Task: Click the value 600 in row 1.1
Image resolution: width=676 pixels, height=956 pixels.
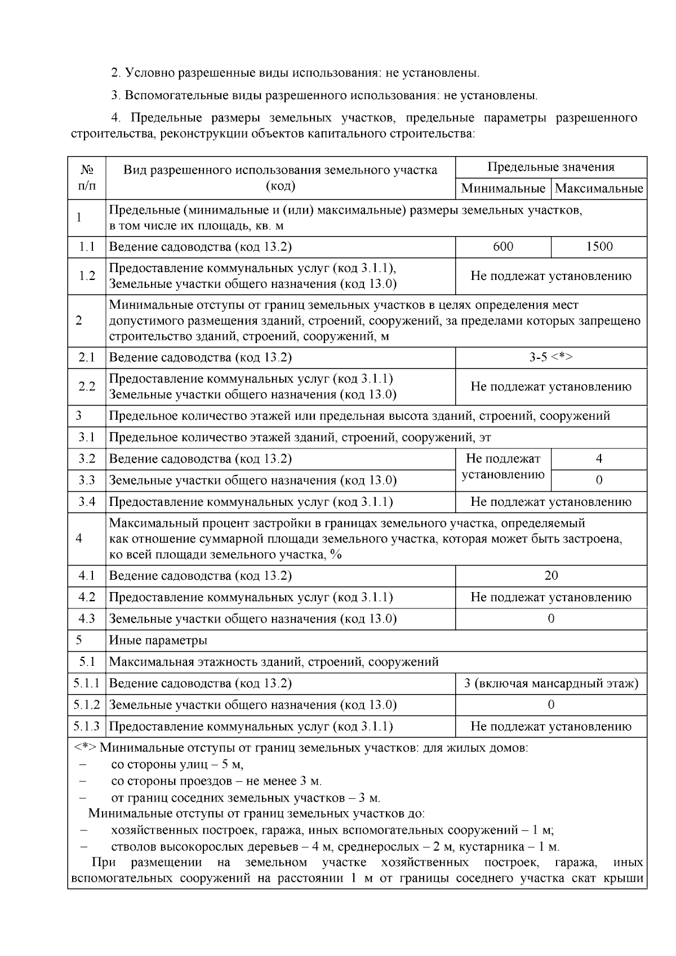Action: (502, 246)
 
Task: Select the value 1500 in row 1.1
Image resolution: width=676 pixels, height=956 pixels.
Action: (599, 246)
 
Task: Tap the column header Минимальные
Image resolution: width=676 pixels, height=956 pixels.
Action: (502, 188)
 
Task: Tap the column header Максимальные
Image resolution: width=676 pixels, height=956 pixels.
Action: (599, 188)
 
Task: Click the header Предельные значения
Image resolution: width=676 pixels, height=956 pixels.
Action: (550, 167)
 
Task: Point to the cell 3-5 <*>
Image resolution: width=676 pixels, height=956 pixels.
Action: (550, 357)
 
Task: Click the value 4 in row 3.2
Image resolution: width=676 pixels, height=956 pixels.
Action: (599, 459)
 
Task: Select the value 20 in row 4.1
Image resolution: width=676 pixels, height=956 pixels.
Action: (550, 575)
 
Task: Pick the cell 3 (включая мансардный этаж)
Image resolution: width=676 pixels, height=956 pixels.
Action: (550, 683)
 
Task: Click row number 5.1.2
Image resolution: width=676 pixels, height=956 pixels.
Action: (87, 705)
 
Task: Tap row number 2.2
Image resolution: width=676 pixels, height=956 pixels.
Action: (87, 386)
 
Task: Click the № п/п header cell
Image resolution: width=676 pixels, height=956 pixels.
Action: (87, 177)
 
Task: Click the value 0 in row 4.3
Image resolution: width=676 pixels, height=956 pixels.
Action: (550, 619)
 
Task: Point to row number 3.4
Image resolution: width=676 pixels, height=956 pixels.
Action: (87, 501)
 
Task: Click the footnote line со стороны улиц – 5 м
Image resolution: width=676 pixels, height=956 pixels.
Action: (177, 764)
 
